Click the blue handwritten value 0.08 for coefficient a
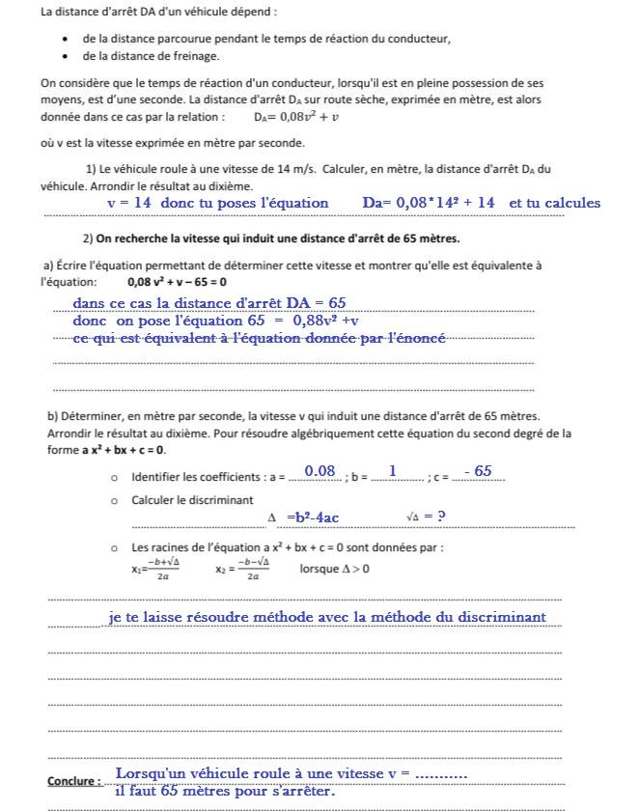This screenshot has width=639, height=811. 319,471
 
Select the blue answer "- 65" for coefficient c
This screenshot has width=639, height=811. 478,471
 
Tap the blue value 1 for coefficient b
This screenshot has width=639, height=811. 393,471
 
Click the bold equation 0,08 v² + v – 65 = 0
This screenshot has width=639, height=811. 177,283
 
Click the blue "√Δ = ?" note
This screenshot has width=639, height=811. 426,517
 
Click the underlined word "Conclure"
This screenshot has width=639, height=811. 72,781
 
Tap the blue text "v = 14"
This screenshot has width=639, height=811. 129,203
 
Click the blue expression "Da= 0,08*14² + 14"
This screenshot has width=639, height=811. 429,203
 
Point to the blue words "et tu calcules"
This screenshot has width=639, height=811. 554,203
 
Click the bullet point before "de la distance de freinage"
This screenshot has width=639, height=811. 64,56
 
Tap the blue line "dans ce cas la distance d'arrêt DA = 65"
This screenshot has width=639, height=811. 208,303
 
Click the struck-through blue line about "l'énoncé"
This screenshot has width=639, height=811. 259,338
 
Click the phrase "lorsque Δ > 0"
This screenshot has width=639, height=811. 334,569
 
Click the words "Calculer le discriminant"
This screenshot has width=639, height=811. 192,500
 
